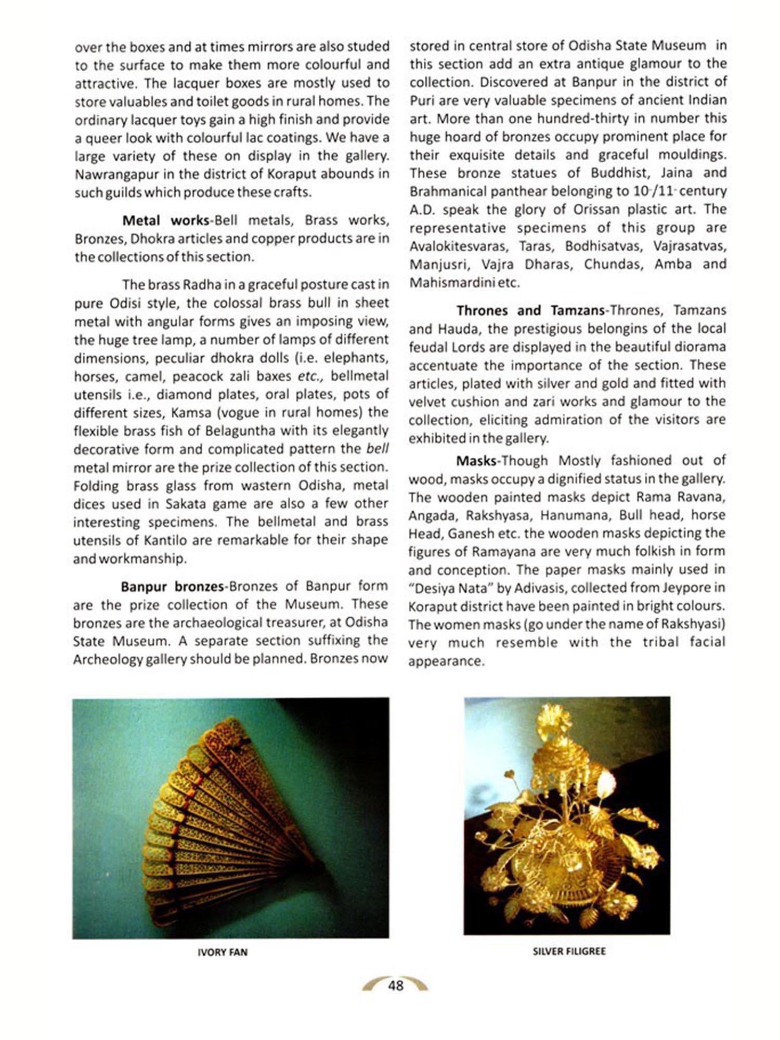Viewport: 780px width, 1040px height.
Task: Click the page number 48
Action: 395,985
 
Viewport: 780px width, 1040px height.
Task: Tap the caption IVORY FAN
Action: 223,952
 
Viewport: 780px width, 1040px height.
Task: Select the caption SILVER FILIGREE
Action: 569,951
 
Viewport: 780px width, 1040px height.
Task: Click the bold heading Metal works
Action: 165,220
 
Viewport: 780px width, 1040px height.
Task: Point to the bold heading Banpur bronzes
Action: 172,587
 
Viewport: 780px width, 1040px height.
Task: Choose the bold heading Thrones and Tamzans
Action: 530,310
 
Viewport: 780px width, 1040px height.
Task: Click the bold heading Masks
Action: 475,461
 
